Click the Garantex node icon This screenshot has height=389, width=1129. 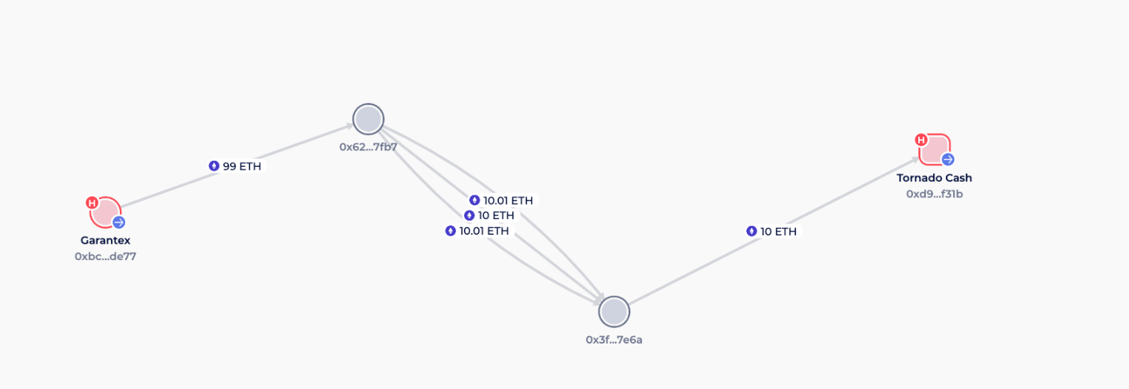105,212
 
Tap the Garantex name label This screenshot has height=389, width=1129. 105,240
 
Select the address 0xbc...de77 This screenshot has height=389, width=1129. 105,256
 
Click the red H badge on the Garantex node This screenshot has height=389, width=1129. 92,203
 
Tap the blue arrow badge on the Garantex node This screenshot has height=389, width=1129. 118,222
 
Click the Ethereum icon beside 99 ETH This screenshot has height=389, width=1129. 214,166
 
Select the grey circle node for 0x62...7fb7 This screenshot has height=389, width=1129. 369,119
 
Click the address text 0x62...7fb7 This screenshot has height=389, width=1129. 369,148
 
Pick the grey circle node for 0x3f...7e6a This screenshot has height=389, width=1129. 614,311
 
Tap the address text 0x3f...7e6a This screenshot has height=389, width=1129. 614,340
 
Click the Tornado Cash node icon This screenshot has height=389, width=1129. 935,149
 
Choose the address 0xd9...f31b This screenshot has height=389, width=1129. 935,194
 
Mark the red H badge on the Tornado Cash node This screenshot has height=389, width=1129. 920,140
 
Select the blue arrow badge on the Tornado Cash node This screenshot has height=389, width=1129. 948,159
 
